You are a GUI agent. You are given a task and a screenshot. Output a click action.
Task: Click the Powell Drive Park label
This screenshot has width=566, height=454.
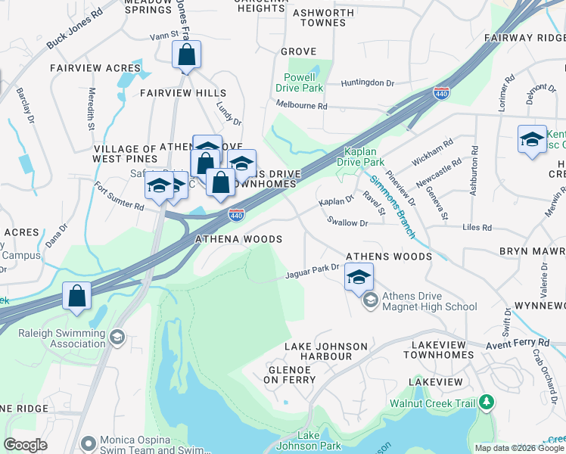303,82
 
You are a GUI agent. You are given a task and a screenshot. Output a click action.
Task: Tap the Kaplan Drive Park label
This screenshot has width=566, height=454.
364,157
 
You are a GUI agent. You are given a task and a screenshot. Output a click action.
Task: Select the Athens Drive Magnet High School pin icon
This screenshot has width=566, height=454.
370,301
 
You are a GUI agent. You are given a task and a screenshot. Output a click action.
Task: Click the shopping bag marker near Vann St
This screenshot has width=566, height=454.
186,55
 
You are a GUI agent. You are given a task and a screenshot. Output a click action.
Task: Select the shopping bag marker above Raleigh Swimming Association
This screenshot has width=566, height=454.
77,296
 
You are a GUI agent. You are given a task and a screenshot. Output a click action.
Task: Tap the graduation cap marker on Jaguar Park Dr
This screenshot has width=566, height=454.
359,276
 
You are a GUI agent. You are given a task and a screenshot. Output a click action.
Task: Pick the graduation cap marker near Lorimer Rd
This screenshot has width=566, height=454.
533,139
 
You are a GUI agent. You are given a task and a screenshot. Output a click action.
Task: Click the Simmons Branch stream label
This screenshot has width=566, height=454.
393,204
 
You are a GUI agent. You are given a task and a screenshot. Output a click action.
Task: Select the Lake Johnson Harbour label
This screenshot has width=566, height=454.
325,347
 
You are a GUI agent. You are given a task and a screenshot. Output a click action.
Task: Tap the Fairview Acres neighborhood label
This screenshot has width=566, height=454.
95,68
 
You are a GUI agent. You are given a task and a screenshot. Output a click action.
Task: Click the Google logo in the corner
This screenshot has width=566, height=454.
25,444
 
